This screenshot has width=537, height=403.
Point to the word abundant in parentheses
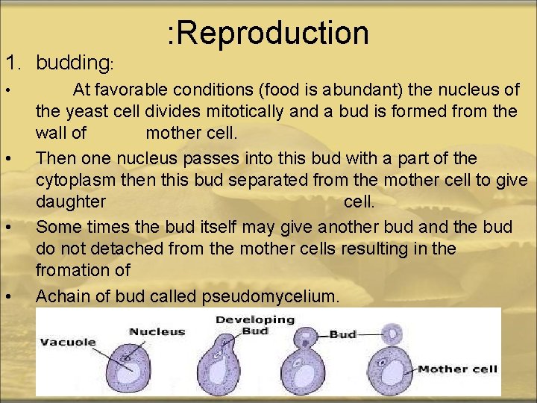[360, 90]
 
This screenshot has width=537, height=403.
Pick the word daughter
[71, 202]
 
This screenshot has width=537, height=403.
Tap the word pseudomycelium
[269, 296]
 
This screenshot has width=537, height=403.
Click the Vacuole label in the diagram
[69, 343]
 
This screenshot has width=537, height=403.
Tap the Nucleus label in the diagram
[157, 331]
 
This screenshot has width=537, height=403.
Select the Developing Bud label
[255, 325]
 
